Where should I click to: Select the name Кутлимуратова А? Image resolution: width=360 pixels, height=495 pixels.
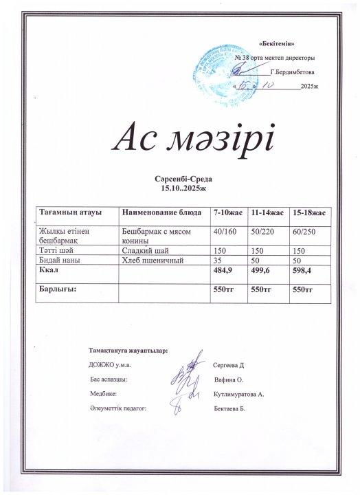coord(239,395)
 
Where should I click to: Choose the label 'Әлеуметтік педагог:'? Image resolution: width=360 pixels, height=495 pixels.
coord(118,408)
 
